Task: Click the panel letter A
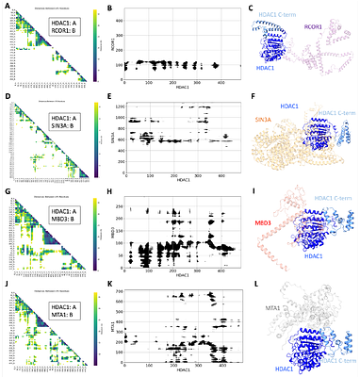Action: click(x=5, y=8)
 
